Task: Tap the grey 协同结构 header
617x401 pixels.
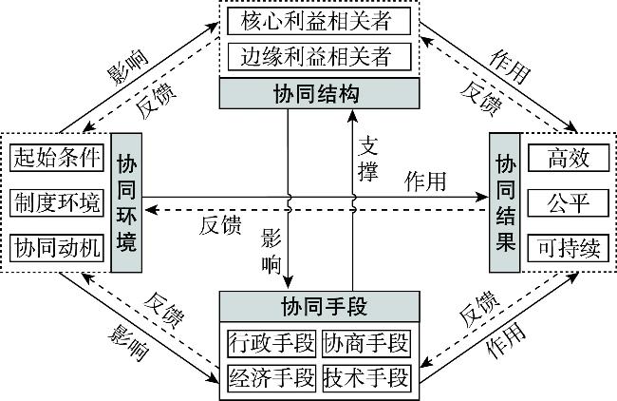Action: pos(320,92)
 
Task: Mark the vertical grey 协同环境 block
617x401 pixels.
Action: pos(125,203)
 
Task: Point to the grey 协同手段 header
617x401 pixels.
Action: pos(320,306)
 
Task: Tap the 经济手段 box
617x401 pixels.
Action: pos(272,376)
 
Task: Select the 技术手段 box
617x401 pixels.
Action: pos(368,376)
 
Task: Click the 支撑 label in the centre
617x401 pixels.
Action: pos(368,159)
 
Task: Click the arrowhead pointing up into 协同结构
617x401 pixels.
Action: pos(352,115)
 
